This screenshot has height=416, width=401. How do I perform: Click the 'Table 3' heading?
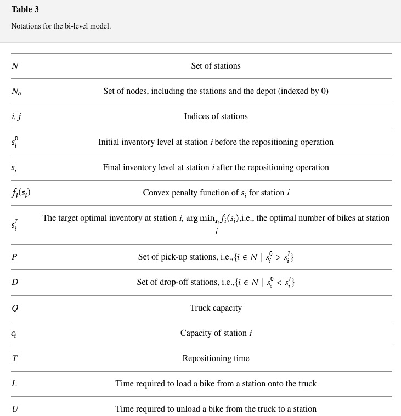tap(25, 9)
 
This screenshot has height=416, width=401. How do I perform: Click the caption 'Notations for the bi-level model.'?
tap(61, 26)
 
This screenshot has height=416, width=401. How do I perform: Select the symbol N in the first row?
tap(15, 66)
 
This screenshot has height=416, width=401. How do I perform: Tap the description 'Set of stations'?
tap(216, 66)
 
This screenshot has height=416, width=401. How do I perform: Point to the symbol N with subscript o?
tap(16, 92)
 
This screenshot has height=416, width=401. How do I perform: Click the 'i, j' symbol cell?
tap(16, 117)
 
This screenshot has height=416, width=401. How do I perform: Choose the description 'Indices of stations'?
tap(216, 116)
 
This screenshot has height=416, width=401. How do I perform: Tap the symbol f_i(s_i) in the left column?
tap(21, 193)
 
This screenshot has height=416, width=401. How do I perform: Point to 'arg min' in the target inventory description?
tap(200, 218)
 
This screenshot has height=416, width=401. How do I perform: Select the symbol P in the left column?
tap(14, 257)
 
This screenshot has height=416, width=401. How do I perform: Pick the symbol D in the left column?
tap(15, 282)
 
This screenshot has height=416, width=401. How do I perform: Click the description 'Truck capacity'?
tap(216, 308)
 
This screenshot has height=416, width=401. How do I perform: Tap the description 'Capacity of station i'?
tap(216, 333)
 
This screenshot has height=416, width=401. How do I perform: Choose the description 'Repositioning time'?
tap(216, 358)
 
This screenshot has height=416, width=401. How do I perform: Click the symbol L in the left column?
tap(14, 384)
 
